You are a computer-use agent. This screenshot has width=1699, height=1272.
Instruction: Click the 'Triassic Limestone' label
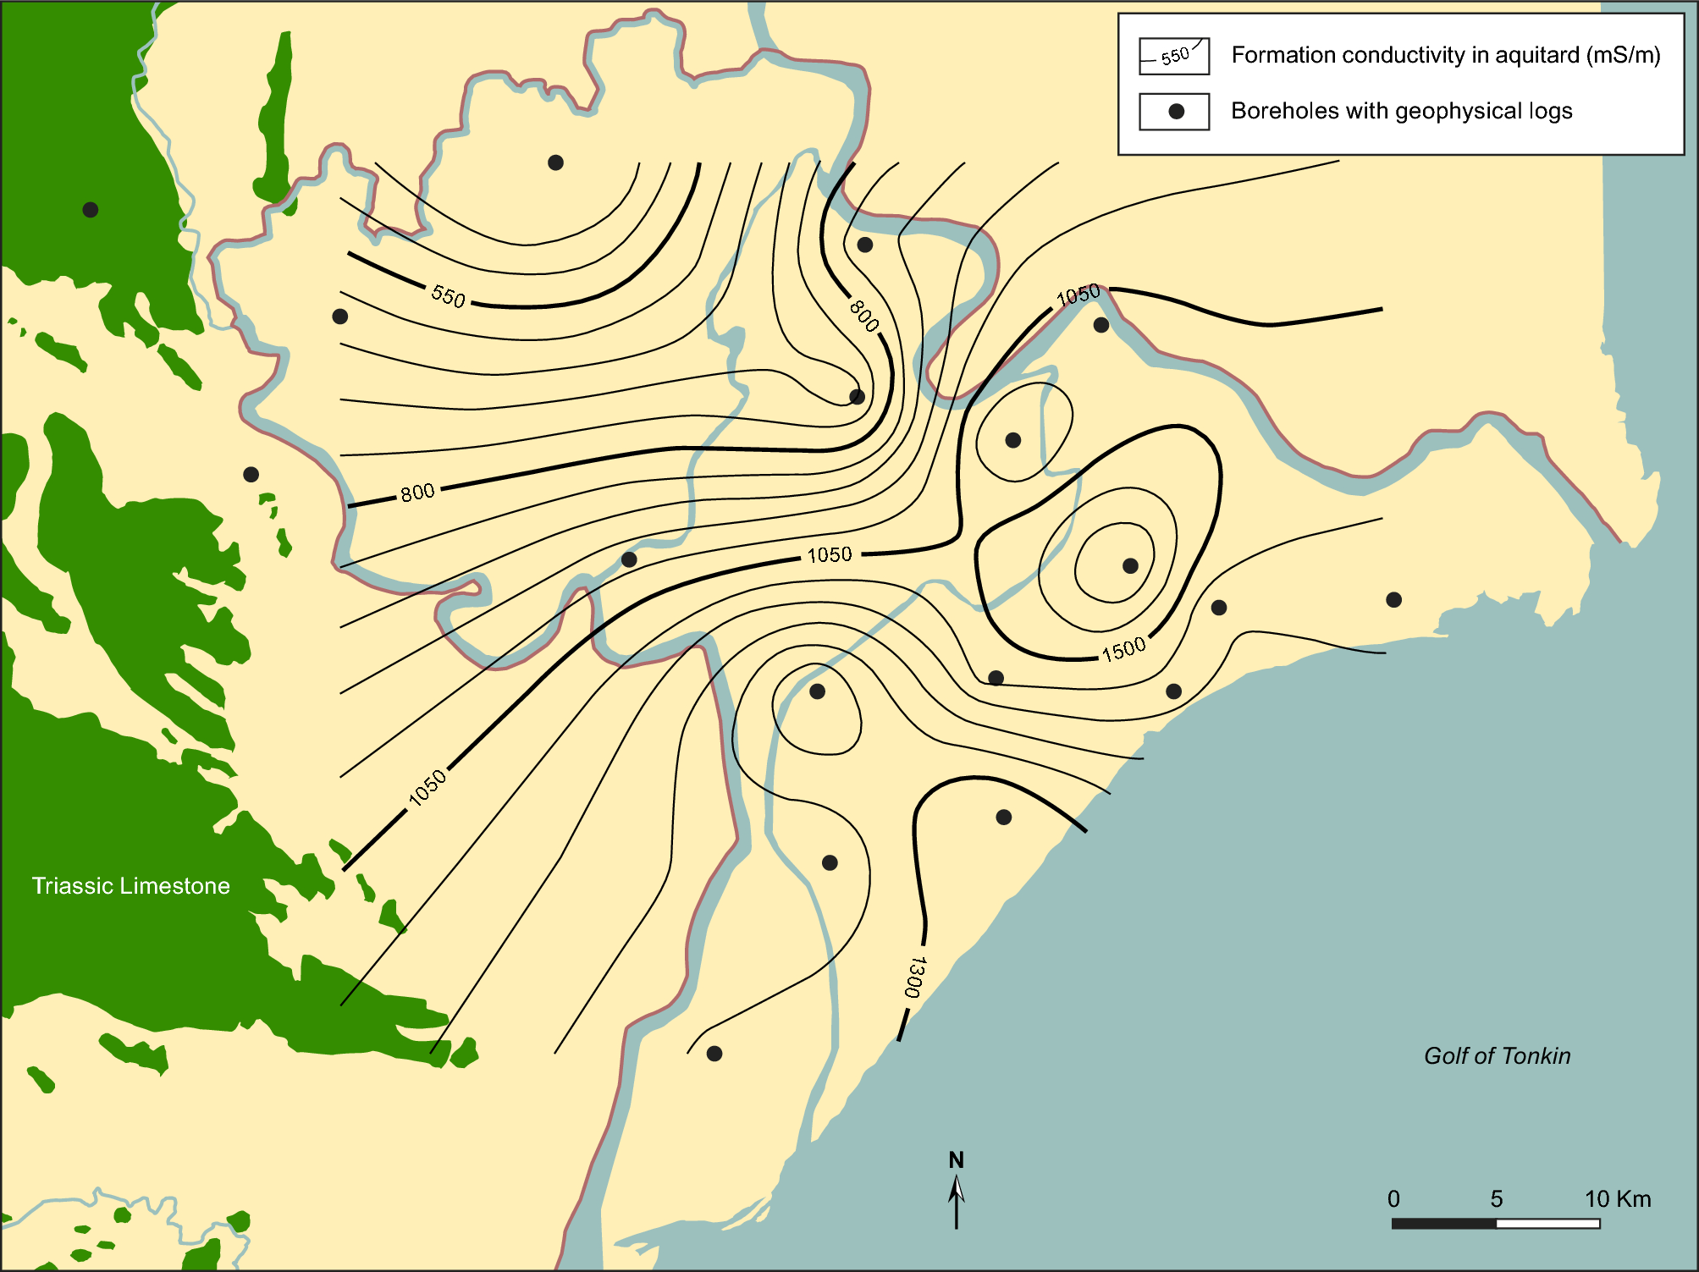[x=130, y=886]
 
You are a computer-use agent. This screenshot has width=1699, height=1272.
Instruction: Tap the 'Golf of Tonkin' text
[x=1497, y=1056]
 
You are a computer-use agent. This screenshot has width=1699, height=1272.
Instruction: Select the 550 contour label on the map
[x=448, y=296]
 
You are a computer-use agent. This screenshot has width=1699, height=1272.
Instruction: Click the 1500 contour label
[x=1123, y=649]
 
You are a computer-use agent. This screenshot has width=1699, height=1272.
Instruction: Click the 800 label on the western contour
[x=417, y=493]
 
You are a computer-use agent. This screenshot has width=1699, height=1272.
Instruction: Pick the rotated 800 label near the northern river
[x=863, y=316]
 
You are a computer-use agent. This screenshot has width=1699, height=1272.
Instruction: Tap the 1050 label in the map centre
[x=829, y=555]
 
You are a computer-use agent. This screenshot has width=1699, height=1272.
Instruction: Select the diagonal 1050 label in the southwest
[x=428, y=787]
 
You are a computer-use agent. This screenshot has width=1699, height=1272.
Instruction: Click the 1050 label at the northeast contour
[x=1078, y=295]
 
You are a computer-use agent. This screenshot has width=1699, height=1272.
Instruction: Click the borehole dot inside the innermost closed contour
[x=1130, y=565]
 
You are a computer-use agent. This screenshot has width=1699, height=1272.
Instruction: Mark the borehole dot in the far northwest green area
[x=91, y=210]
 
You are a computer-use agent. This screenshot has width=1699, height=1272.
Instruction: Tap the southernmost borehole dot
[x=714, y=1054]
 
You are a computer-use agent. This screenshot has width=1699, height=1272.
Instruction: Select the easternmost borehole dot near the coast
[x=1393, y=600]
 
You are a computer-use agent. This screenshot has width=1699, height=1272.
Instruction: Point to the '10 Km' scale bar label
[x=1617, y=1199]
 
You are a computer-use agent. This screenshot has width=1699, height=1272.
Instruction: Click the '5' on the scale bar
[x=1496, y=1199]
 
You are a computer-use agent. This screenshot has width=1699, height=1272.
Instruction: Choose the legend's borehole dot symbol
[x=1176, y=112]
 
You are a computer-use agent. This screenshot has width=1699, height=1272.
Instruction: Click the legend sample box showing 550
[x=1173, y=57]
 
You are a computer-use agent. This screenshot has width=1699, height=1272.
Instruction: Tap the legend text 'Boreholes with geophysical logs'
[x=1401, y=112]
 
